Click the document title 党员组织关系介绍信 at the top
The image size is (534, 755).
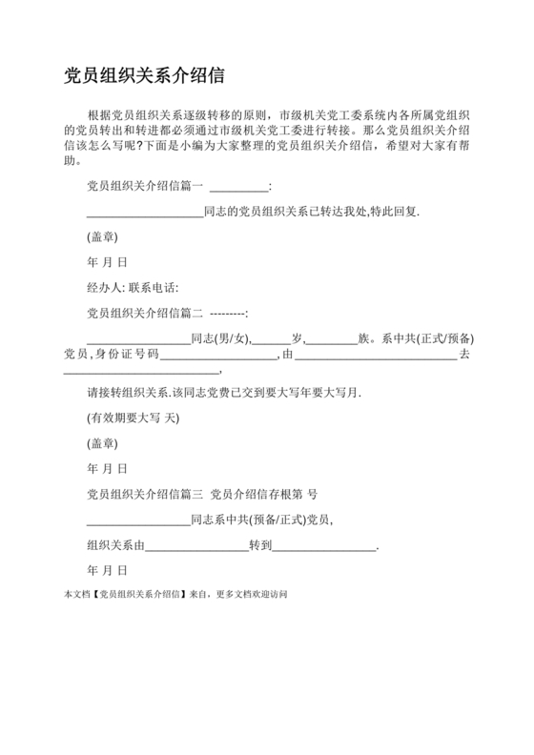145,74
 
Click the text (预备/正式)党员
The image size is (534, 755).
289,520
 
